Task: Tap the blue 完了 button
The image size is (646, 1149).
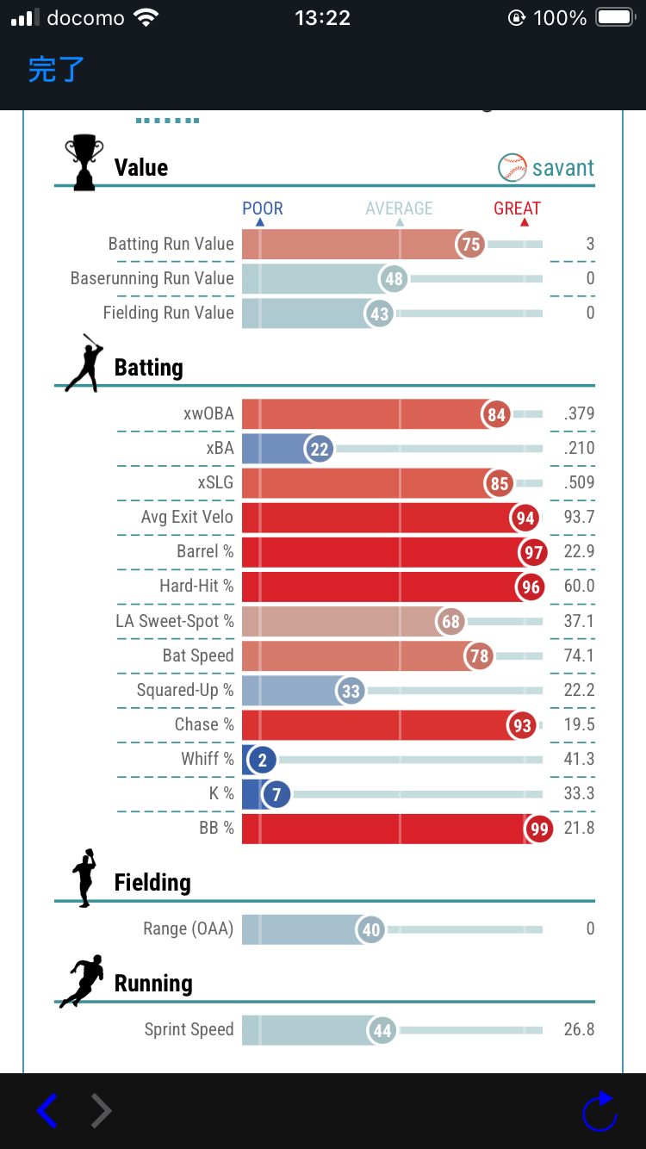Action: point(56,69)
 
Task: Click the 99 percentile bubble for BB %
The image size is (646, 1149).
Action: point(539,829)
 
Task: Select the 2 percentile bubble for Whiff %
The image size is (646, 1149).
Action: point(262,760)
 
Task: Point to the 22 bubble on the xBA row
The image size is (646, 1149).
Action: point(320,449)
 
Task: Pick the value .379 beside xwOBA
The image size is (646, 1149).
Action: point(579,414)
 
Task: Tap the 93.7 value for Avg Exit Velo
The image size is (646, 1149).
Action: point(579,518)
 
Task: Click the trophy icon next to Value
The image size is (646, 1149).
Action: point(84,162)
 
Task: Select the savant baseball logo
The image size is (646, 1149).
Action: point(512,168)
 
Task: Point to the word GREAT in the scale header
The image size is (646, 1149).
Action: point(517,208)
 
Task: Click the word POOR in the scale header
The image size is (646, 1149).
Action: point(262,208)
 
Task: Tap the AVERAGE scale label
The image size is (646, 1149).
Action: point(399,208)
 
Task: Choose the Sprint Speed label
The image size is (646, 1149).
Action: point(189,1030)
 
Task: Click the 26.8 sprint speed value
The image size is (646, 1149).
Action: point(579,1030)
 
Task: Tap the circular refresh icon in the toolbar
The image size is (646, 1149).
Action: point(599,1112)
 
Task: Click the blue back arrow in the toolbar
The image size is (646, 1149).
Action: point(47,1111)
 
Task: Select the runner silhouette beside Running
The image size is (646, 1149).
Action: point(83,981)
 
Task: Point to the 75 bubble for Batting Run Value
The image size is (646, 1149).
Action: point(470,245)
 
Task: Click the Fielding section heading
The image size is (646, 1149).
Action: point(152,883)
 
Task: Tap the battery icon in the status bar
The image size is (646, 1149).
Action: point(615,18)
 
